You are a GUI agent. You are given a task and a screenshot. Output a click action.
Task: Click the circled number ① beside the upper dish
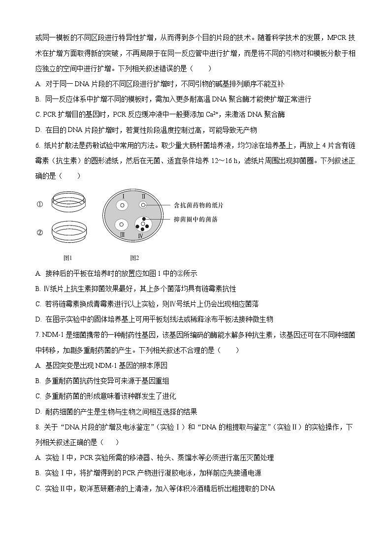click(x=40, y=203)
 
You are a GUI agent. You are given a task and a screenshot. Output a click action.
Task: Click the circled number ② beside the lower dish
click(x=40, y=232)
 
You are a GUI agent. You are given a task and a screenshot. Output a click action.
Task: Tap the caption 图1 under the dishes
click(x=68, y=258)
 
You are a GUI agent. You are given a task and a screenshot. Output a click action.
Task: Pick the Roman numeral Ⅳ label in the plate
click(x=141, y=236)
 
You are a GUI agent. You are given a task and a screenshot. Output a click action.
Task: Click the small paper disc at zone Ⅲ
click(x=121, y=225)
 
